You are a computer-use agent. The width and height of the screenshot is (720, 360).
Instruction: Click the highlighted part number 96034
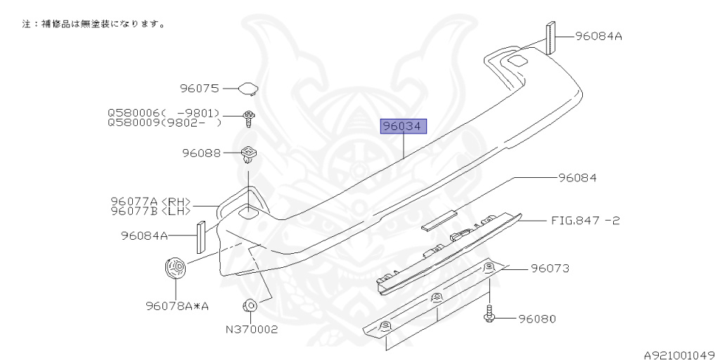pos(404,127)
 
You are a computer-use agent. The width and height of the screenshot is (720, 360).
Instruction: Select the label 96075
pos(200,89)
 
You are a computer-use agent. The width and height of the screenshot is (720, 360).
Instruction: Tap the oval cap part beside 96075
pos(248,89)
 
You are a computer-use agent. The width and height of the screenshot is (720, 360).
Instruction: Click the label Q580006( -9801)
pos(164,113)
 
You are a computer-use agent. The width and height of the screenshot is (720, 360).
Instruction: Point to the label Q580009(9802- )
pos(164,122)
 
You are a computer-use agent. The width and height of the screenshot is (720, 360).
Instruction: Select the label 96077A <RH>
pos(150,201)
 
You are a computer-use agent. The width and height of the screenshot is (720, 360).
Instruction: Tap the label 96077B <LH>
pos(150,210)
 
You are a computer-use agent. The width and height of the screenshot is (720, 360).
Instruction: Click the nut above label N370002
pos(249,306)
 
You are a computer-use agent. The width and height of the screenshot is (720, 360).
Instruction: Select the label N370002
pos(252,329)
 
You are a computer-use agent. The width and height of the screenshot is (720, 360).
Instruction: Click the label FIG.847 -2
pos(585,220)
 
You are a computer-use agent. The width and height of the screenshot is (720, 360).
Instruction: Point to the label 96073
pos(550,268)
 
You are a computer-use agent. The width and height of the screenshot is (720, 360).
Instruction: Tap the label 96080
pos(537,319)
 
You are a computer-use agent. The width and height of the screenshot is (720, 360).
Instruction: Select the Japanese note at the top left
pos(94,24)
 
